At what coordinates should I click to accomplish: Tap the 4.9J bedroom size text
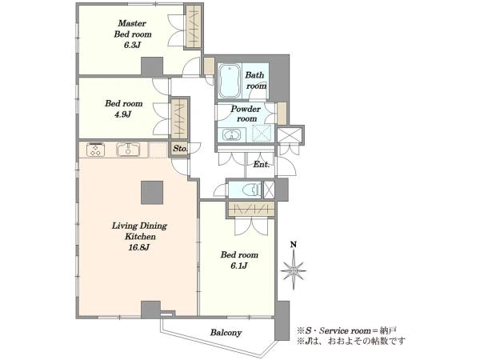122,114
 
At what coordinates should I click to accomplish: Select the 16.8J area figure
139,247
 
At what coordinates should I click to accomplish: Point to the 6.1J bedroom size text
239,266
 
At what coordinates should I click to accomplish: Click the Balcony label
226,333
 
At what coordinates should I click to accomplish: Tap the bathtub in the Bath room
230,81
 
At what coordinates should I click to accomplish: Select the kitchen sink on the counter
128,150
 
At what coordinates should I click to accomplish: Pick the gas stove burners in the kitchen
96,150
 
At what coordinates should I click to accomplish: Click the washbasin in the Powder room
232,134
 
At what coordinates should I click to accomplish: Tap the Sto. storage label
180,149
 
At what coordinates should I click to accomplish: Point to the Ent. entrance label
262,164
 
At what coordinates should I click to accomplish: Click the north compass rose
294,270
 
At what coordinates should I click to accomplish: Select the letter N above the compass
294,245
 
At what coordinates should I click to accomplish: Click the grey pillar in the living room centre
152,193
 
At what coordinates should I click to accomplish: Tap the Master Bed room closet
194,26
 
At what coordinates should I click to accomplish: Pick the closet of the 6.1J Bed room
251,210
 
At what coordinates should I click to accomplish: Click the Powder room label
246,114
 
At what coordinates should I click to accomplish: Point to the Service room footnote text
346,330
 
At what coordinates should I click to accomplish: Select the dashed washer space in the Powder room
262,133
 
